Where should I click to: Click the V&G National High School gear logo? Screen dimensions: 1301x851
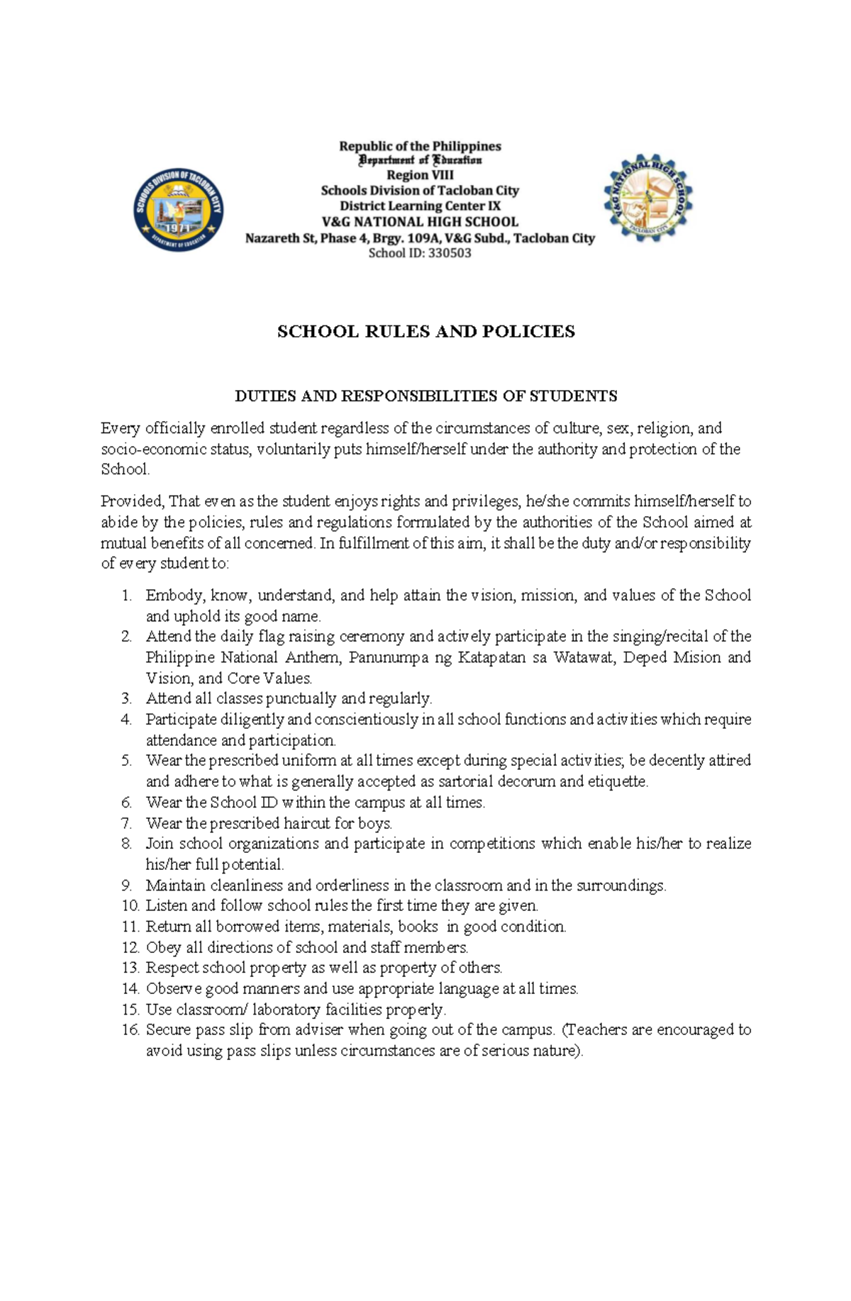point(647,198)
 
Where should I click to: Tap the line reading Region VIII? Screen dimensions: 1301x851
point(420,175)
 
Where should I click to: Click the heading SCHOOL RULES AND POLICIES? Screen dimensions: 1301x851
point(425,332)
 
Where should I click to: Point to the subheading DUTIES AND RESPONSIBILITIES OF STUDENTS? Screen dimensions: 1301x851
point(425,396)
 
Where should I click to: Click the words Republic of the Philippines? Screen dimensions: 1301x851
point(420,146)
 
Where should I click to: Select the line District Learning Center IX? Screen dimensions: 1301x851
point(420,206)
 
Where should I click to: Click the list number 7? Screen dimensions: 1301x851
point(127,823)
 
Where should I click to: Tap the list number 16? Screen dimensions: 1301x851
point(130,1029)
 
